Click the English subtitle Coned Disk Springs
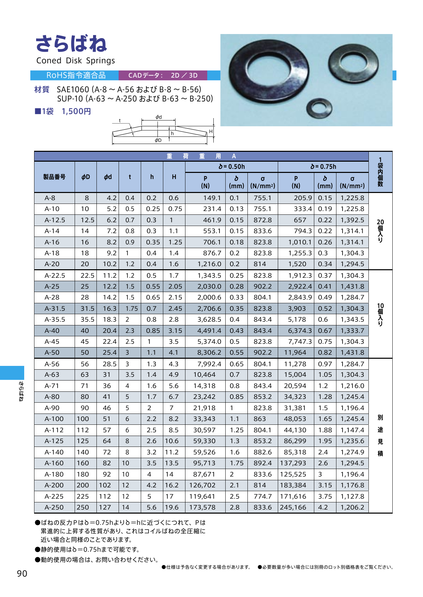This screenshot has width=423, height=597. tap(75, 61)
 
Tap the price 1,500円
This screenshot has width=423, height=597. tap(76, 111)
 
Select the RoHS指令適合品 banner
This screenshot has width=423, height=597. tap(76, 75)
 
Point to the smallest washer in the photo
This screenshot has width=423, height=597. tap(319, 108)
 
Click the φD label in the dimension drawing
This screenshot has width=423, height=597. tap(158, 140)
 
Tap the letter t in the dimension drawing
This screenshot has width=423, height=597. tap(120, 120)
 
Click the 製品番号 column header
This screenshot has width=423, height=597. tap(54, 177)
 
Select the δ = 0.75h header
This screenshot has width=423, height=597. tap(323, 166)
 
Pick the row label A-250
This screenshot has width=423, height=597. tap(54, 507)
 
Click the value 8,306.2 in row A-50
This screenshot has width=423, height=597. tap(209, 353)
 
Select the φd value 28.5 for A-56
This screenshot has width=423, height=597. tap(109, 364)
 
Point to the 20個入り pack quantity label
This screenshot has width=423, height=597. tap(380, 231)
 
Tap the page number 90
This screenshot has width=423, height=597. tap(22, 574)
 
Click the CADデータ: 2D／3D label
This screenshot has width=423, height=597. tap(163, 75)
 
